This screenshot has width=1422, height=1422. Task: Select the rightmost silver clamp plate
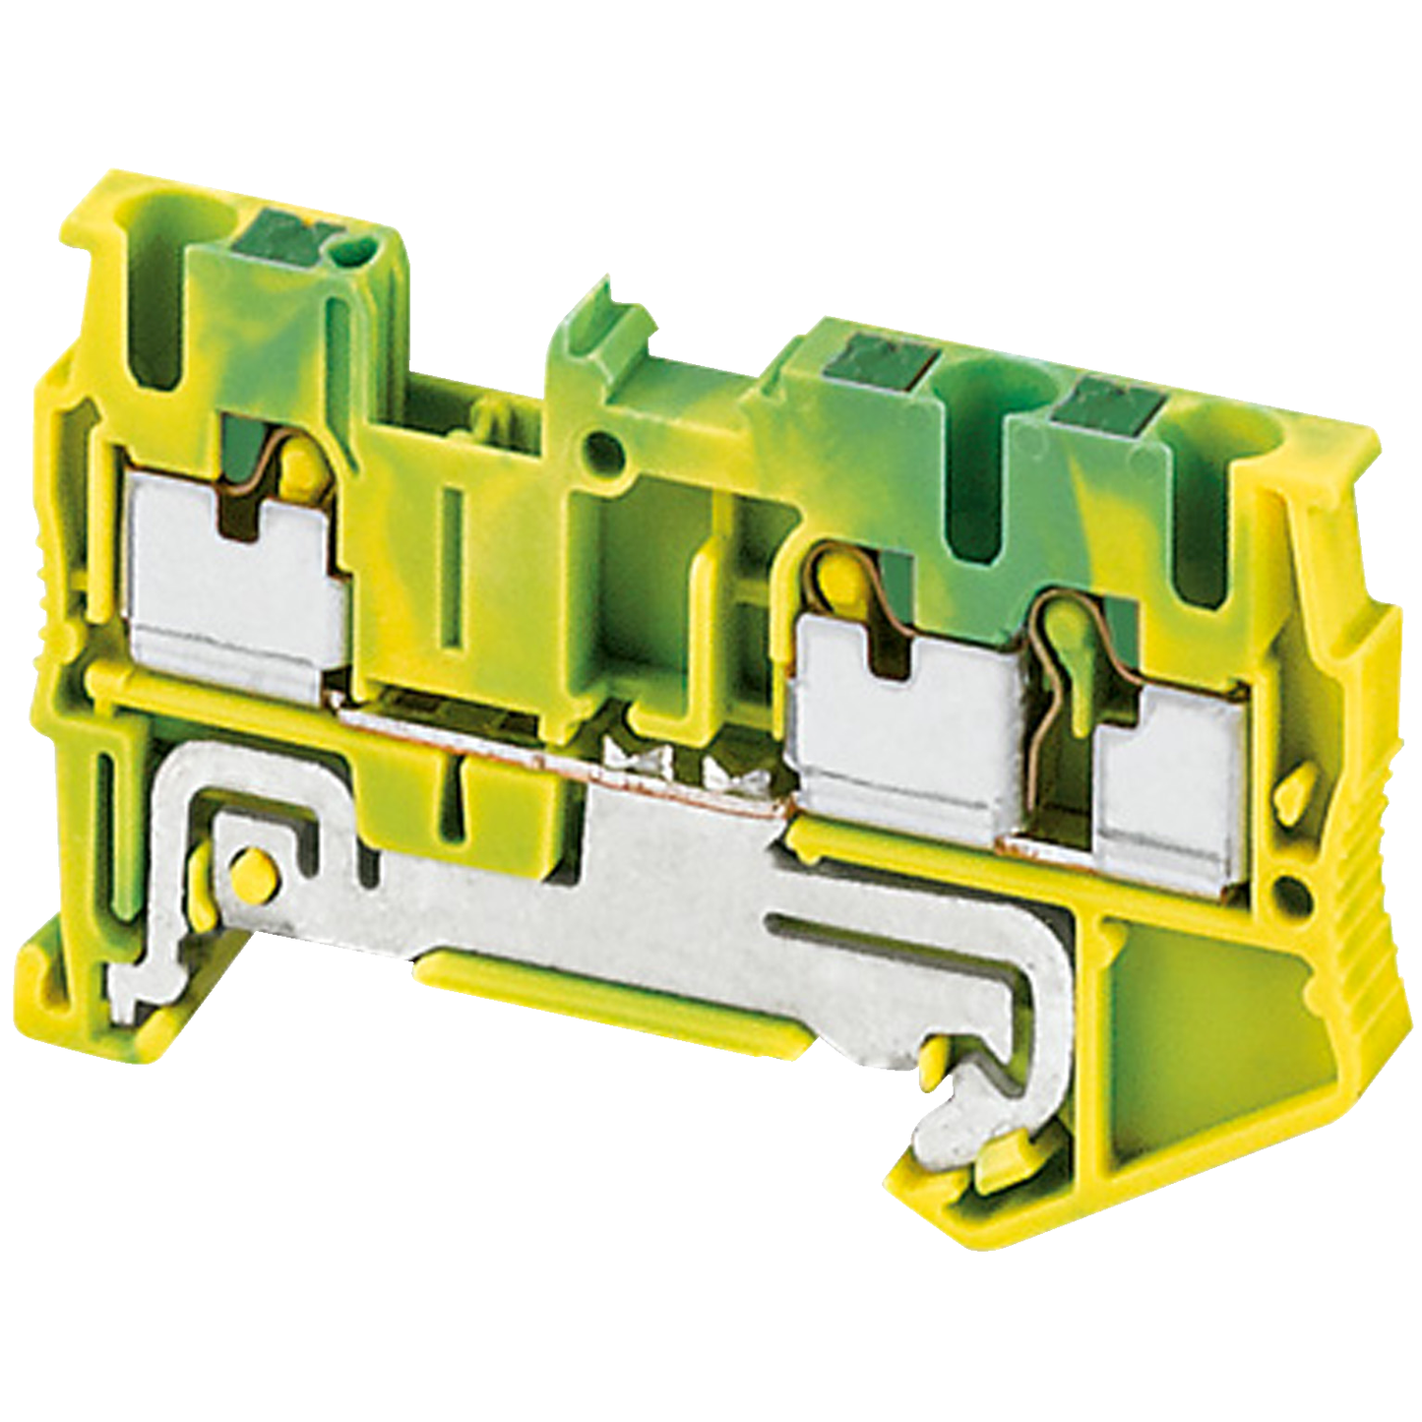(1166, 777)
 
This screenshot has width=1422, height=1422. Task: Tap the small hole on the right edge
(1286, 894)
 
